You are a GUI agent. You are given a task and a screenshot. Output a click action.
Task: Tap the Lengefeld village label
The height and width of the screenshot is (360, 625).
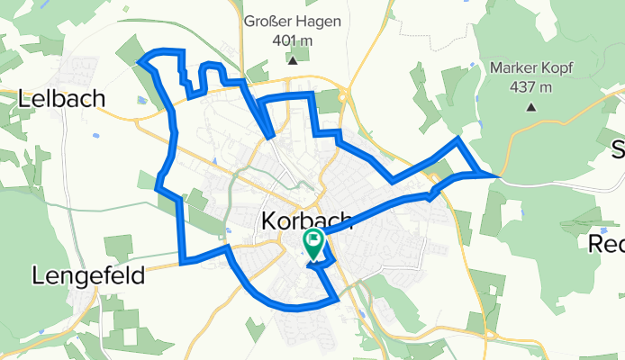tap(88, 275)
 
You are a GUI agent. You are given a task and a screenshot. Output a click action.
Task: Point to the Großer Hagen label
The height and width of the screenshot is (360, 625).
tap(293, 22)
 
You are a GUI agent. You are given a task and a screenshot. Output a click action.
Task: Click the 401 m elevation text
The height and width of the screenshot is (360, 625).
tap(293, 41)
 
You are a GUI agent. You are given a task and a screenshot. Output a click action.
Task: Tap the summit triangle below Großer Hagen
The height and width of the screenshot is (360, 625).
tap(293, 61)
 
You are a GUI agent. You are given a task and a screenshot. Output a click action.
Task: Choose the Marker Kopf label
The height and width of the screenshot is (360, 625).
tap(532, 67)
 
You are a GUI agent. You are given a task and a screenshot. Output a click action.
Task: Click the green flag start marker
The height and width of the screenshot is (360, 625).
tap(314, 240)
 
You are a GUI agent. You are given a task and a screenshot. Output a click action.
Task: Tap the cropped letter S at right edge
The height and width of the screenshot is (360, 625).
tap(618, 148)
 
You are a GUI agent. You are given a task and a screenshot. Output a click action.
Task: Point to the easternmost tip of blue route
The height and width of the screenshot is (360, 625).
tap(496, 175)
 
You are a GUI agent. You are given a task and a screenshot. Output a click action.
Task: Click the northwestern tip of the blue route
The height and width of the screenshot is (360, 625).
tap(140, 61)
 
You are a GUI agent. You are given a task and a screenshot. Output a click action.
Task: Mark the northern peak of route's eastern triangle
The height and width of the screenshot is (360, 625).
tap(459, 139)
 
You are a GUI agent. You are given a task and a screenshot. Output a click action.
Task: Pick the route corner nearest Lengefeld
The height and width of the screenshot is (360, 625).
tap(183, 263)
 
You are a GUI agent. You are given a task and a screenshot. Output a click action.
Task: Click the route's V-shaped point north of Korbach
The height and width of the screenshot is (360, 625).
tap(271, 138)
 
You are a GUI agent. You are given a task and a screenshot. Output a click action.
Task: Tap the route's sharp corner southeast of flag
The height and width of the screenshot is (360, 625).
tap(338, 298)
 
